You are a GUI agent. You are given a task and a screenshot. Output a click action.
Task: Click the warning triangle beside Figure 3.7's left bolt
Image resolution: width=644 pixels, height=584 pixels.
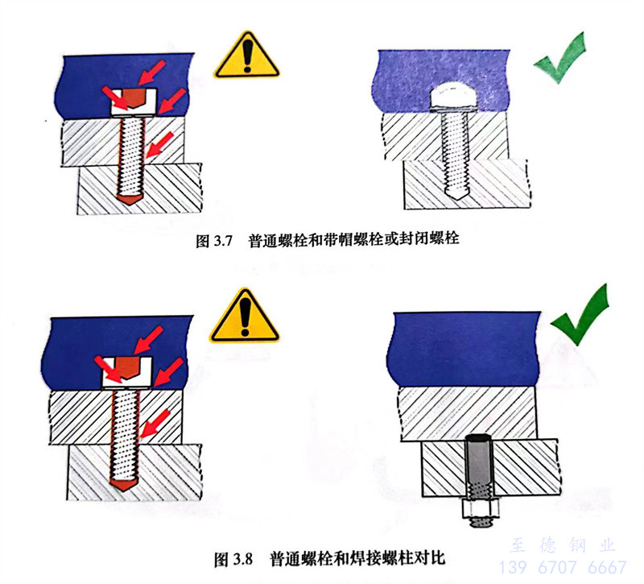coord(246,56)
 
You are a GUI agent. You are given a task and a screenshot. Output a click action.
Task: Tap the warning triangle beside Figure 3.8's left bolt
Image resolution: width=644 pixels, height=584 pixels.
coord(245,317)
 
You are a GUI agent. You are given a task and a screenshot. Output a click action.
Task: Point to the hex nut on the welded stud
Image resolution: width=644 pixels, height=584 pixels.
coord(481,509)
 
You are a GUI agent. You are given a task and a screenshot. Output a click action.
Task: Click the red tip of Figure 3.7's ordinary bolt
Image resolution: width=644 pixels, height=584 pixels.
coord(130,200)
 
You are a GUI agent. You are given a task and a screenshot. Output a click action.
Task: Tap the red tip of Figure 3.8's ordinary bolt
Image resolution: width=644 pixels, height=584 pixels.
coord(124,485)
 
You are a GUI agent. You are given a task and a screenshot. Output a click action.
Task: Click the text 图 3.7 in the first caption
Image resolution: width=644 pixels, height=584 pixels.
coord(214,240)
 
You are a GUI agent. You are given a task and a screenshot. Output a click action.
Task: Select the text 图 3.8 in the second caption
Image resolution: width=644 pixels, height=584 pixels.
coord(233,559)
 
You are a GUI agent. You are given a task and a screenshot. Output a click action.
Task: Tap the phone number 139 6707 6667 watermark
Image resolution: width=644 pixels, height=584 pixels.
coord(563,568)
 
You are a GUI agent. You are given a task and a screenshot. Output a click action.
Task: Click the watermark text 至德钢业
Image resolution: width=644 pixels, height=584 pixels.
coord(563,545)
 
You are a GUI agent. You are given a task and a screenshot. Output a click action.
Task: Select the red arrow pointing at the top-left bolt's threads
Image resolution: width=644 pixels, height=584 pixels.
coord(160,145)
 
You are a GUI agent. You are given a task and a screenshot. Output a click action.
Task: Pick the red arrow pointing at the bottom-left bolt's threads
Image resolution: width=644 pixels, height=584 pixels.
coord(155,425)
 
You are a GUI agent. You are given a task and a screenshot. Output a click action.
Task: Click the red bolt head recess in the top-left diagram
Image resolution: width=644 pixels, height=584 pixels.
coord(134,97)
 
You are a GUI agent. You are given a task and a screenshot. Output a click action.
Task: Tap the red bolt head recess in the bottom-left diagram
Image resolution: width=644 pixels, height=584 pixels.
coord(127,367)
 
